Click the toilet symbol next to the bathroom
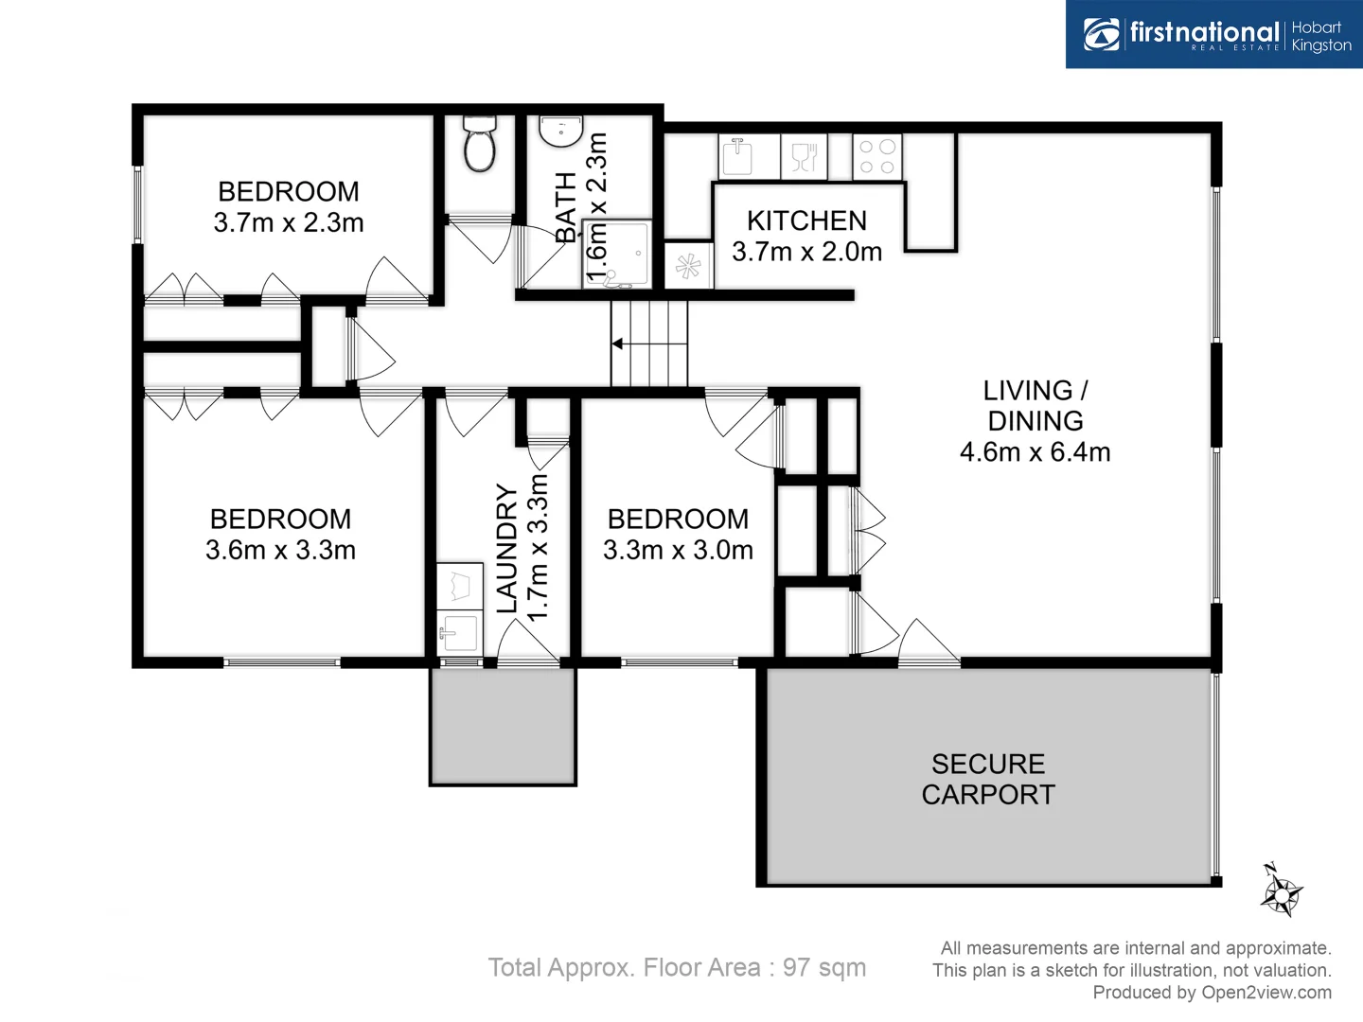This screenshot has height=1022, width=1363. [x=480, y=145]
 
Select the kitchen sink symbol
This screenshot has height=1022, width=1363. [x=736, y=156]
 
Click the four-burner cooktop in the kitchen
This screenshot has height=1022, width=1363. [x=877, y=157]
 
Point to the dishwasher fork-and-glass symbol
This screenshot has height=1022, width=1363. [x=804, y=156]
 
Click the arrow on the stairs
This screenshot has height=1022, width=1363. [x=618, y=344]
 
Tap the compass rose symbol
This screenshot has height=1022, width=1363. [x=1282, y=891]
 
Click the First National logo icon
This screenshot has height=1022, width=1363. [x=1101, y=34]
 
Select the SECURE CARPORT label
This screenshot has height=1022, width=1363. [x=988, y=779]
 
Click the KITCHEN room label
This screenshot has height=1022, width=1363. [x=806, y=220]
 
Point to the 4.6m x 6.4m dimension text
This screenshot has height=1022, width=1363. [x=1035, y=452]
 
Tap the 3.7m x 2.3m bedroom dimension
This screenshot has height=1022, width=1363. [x=289, y=223]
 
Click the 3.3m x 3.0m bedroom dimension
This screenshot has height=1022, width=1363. [x=678, y=550]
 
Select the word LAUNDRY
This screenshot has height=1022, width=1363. [x=507, y=549]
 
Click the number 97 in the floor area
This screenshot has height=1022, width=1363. [x=796, y=967]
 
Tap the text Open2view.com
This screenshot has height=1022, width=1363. [x=1266, y=992]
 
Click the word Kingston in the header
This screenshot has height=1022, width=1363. [x=1321, y=45]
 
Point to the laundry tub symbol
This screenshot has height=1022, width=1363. [x=460, y=630]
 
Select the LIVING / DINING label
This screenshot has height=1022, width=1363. [x=1035, y=405]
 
